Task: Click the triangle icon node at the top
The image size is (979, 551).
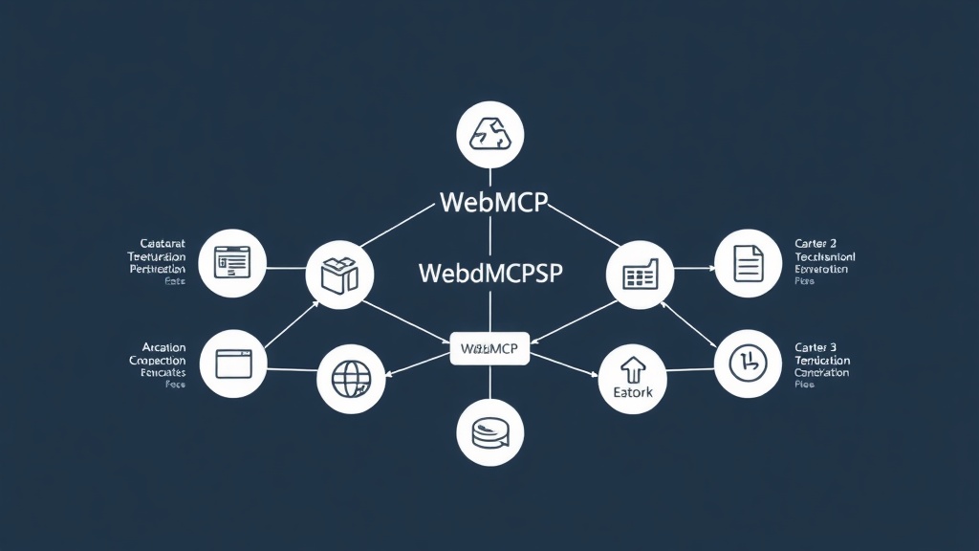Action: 489,135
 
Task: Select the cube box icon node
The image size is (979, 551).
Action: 338,275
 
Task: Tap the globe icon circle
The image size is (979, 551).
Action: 349,378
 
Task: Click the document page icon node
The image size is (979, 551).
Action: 748,263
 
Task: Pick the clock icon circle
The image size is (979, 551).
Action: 748,363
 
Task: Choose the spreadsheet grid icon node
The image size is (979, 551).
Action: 640,275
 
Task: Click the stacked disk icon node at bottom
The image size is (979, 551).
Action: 489,432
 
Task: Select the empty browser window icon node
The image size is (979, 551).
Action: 233,363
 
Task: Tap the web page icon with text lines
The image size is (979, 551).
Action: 232,262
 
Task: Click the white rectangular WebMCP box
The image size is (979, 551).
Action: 489,349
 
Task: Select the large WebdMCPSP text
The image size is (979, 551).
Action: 491,273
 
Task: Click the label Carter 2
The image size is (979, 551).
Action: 816,245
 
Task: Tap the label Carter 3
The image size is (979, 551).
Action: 816,346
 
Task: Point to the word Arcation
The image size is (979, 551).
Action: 163,346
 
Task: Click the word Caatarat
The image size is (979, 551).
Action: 163,245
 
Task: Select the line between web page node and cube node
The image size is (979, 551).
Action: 285,269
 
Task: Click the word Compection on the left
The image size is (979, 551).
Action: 157,360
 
